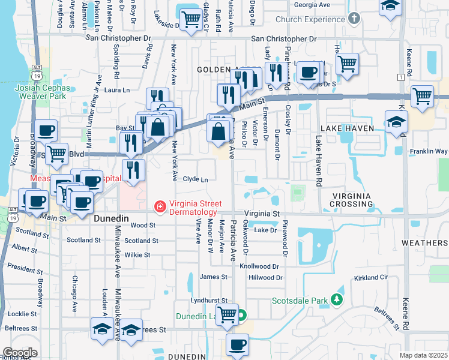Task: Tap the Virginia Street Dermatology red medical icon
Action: [160, 208]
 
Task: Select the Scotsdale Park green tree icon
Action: [338, 299]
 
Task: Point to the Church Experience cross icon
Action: [354, 19]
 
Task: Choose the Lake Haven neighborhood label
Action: [347, 128]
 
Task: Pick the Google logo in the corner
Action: [20, 352]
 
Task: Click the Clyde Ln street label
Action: [195, 179]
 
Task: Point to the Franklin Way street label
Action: [429, 151]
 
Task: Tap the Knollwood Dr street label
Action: [260, 266]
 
